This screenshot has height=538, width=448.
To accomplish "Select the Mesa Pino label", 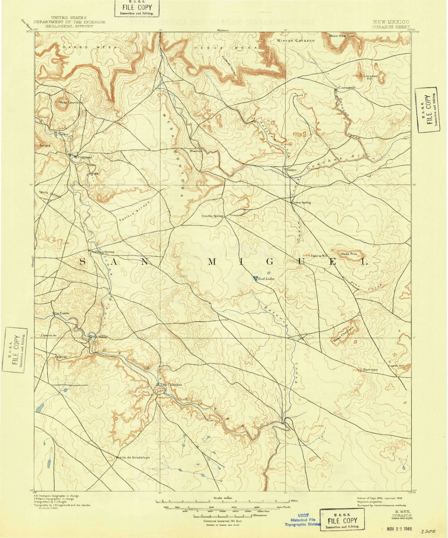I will pos(349,254).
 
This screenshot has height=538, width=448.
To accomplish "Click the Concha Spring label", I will pos(212,216).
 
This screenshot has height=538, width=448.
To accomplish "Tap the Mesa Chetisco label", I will pos(344,336).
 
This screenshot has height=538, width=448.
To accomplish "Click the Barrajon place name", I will pos(370,370).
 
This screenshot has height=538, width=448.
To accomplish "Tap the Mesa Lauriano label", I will pos(70,102).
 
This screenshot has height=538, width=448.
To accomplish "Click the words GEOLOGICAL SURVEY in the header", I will pos(69,26).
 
